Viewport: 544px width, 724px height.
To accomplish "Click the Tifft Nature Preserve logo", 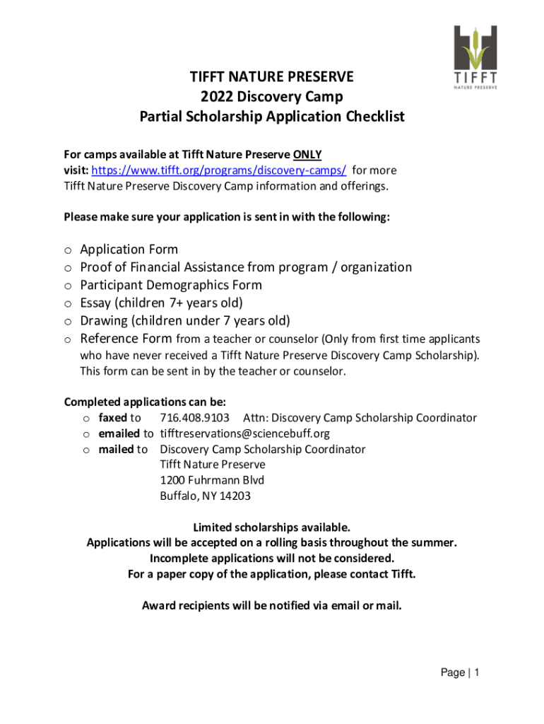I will [x=475, y=57].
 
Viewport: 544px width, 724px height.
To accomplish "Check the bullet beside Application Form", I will [x=67, y=250].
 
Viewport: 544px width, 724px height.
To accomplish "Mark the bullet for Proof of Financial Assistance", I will [x=67, y=268].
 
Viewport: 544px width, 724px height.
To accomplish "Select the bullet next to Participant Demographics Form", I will [x=67, y=286].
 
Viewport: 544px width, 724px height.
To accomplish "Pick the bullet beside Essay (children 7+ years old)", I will [x=67, y=304].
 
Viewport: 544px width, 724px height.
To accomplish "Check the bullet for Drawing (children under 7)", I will [x=67, y=322].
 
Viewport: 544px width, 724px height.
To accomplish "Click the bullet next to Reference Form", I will [x=67, y=339].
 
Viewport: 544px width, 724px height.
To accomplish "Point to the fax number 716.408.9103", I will [x=194, y=418].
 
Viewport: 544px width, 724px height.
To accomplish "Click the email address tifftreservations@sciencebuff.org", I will [x=244, y=433].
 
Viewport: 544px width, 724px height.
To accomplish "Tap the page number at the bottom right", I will [x=477, y=673].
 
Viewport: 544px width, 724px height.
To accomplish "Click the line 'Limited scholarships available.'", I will [x=272, y=527].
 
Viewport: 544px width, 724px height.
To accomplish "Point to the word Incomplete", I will [x=184, y=559].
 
